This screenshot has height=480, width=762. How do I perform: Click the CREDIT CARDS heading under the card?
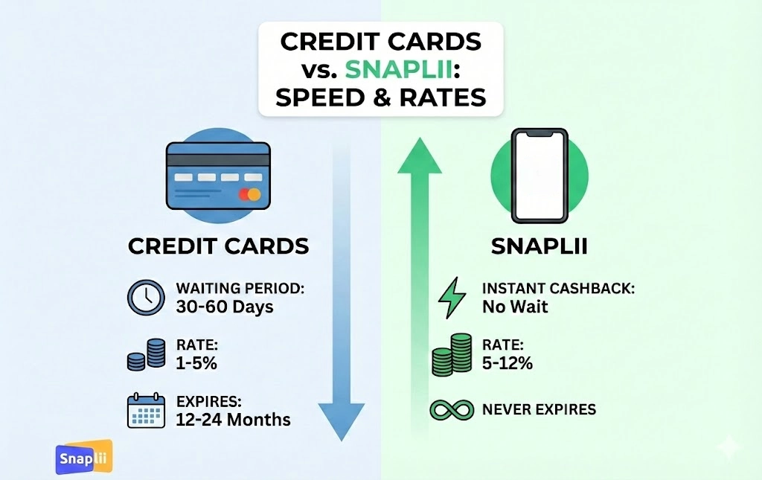[218, 246]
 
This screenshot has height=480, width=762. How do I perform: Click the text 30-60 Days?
[225, 307]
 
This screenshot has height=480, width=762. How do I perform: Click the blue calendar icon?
[145, 410]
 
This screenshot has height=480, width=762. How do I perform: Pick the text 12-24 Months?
[233, 419]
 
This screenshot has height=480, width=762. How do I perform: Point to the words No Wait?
[515, 307]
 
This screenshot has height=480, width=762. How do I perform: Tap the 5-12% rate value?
[508, 363]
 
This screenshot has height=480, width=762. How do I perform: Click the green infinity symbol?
[451, 409]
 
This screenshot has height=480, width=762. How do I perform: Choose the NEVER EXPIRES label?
[539, 409]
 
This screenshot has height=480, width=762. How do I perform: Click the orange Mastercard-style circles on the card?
[249, 195]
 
